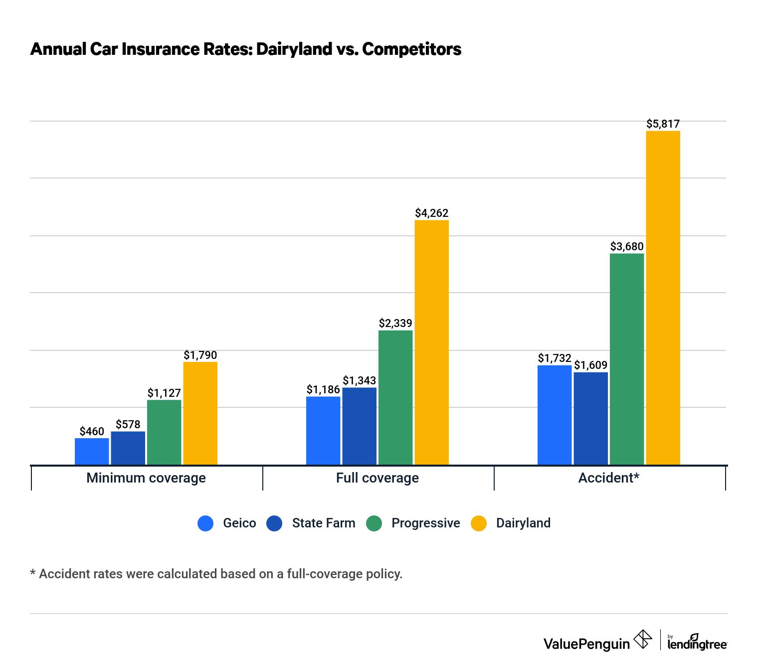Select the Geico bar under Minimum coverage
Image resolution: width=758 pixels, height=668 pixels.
92,451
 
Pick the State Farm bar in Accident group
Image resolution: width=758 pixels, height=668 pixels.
590,418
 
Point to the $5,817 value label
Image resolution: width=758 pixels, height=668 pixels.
663,124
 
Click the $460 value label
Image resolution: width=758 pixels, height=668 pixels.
92,431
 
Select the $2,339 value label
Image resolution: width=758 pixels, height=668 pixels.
395,323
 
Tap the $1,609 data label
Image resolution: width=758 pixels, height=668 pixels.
590,365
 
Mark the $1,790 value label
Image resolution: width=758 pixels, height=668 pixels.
200,355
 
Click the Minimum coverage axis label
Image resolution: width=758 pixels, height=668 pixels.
146,478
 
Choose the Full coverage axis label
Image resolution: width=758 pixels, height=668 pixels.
378,478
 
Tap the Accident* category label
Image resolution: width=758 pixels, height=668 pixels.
608,478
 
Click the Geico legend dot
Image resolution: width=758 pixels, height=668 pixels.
205,523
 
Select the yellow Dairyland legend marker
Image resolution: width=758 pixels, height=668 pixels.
479,523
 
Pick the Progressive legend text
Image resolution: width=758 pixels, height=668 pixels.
425,523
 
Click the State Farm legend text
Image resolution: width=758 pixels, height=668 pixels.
324,523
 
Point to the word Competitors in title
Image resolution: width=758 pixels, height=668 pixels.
411,49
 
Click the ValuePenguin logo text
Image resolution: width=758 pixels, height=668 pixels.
586,644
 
